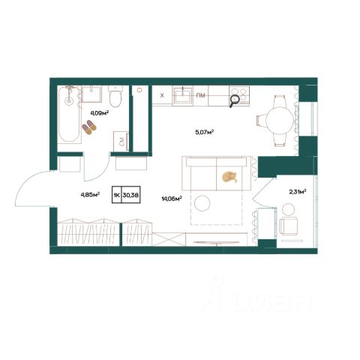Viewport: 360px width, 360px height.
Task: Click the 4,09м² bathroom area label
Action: click(100, 113)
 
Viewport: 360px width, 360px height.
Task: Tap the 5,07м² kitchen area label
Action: click(204, 132)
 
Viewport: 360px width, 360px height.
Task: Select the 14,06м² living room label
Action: click(172, 199)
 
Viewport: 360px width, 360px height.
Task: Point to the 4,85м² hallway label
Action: click(90, 194)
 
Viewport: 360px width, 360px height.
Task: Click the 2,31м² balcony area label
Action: click(298, 192)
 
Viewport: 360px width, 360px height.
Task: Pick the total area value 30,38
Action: click(130, 194)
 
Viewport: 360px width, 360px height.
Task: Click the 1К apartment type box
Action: click(117, 194)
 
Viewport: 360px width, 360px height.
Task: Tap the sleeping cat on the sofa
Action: click(229, 176)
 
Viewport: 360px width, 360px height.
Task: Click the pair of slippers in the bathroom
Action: click(89, 127)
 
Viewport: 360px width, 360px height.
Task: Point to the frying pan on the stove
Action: click(235, 101)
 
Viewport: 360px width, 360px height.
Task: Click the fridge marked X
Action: click(162, 95)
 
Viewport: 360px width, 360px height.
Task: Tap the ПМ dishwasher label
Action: click(200, 95)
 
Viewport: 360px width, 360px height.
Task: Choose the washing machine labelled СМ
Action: click(121, 142)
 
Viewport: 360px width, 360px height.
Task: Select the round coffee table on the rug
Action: click(202, 203)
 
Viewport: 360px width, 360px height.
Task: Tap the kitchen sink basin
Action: click(183, 96)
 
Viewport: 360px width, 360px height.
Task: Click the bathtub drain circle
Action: click(68, 100)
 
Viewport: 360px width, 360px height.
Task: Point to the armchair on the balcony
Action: click(289, 226)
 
